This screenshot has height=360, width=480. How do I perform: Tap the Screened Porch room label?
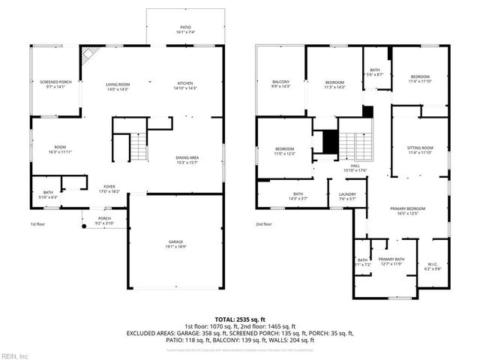pyautogui.click(x=55, y=84)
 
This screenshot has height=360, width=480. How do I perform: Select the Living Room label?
pyautogui.click(x=118, y=86)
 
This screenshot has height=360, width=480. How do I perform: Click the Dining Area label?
pyautogui.click(x=187, y=160)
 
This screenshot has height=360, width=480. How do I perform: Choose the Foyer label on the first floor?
pyautogui.click(x=109, y=188)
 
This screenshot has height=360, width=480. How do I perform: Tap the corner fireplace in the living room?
pyautogui.click(x=90, y=55)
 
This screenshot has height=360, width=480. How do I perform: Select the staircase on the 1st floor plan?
pyautogui.click(x=139, y=147)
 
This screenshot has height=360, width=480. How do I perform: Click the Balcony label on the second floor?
pyautogui.click(x=281, y=84)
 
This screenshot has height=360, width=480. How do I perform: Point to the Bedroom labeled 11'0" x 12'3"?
pyautogui.click(x=284, y=151)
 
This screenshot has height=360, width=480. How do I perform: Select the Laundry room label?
pyautogui.click(x=347, y=197)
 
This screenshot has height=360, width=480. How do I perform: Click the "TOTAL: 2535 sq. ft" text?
pyautogui.click(x=239, y=318)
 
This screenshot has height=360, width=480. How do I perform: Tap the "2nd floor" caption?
pyautogui.click(x=263, y=224)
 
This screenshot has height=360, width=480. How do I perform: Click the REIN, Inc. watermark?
pyautogui.click(x=15, y=355)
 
